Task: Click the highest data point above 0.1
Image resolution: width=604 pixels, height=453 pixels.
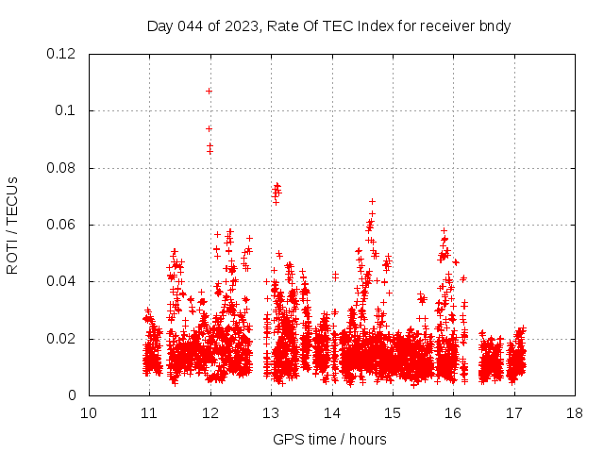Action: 209,91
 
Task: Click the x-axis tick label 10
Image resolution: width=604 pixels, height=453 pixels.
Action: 88,413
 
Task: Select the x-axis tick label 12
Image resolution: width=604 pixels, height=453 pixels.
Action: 210,413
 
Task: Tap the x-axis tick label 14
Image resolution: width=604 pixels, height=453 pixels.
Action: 331,413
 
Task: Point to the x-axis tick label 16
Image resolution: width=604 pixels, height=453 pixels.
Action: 453,413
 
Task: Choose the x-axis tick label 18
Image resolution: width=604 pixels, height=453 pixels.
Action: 575,413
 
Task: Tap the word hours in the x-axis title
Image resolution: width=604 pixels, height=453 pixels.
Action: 366,439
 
